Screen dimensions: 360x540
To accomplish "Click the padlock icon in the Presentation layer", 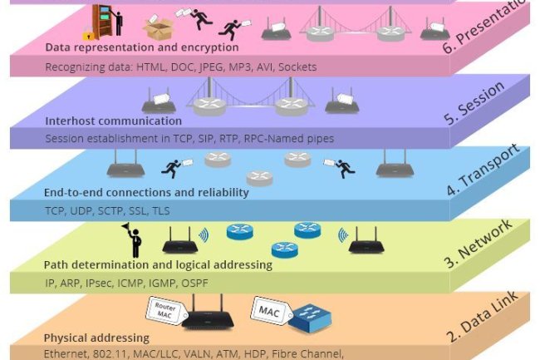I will click(x=89, y=35).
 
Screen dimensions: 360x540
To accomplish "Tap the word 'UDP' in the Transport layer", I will click(x=82, y=211).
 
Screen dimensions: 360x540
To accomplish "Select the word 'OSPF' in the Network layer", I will click(x=194, y=284).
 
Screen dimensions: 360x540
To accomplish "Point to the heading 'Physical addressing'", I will click(x=96, y=338).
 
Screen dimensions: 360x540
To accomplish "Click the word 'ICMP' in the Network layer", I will click(x=130, y=284).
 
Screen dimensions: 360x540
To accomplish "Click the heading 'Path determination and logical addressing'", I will click(x=158, y=265).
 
